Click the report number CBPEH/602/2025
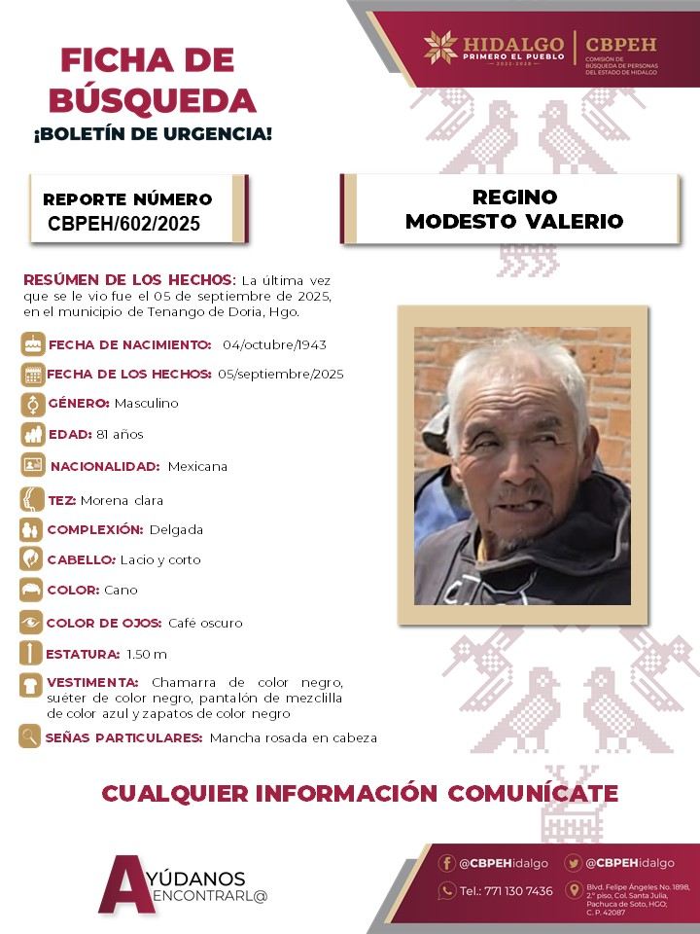pyautogui.click(x=124, y=224)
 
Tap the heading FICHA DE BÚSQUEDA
pyautogui.click(x=159, y=79)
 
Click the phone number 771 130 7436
pyautogui.click(x=506, y=891)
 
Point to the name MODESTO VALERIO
pyautogui.click(x=514, y=222)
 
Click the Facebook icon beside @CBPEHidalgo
pyautogui.click(x=447, y=863)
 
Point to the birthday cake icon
pyautogui.click(x=33, y=344)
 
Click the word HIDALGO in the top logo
pyautogui.click(x=514, y=44)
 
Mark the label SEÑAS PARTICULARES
pyautogui.click(x=124, y=738)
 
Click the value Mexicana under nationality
pyautogui.click(x=197, y=466)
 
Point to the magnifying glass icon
pyautogui.click(x=31, y=737)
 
